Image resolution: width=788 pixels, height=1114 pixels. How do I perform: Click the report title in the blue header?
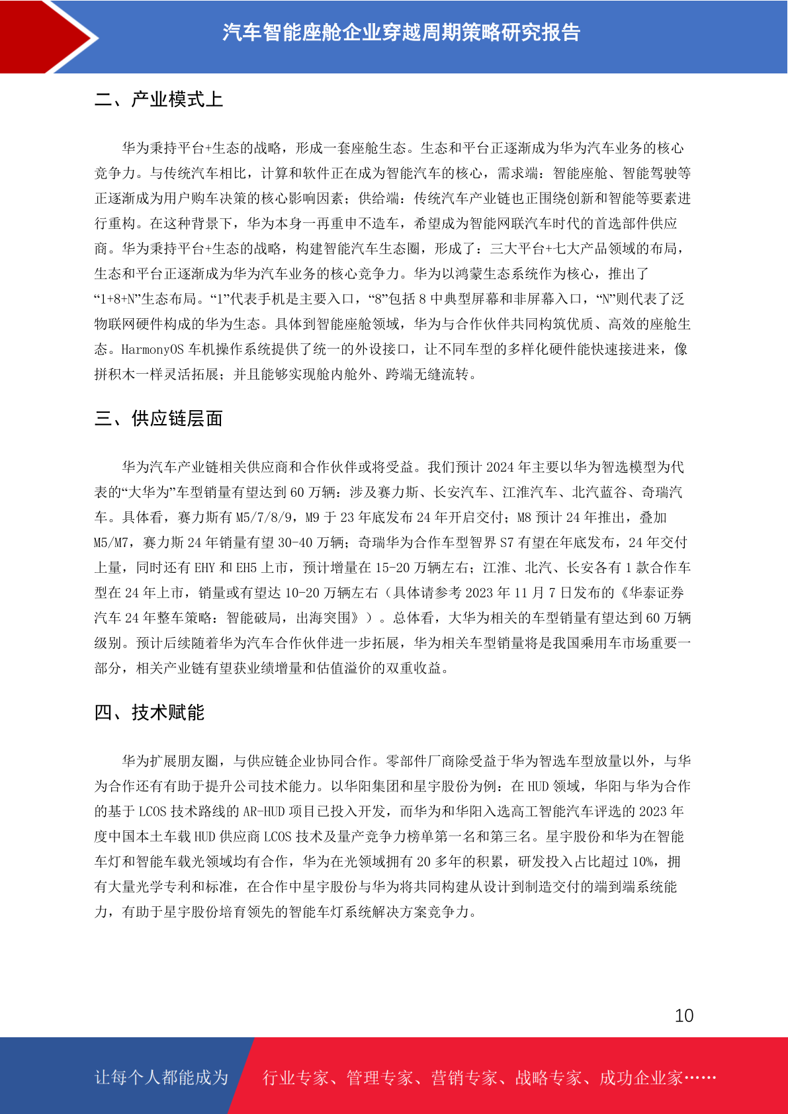(401, 32)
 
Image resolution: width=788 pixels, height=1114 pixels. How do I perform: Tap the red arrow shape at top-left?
(46, 36)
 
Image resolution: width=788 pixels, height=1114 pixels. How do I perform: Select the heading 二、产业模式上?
(159, 100)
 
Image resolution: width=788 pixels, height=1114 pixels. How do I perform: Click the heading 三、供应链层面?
(159, 419)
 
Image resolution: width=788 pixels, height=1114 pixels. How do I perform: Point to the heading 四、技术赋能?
(150, 712)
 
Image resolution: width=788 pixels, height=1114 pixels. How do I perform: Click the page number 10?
(683, 1015)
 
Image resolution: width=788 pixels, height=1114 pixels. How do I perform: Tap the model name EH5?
(247, 568)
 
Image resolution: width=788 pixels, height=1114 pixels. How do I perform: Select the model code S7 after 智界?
(506, 542)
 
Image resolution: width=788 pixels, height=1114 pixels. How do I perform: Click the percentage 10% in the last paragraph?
(643, 862)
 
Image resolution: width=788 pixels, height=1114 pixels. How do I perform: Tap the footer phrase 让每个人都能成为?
(161, 1078)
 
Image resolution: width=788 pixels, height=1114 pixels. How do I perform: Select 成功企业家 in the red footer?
(640, 1078)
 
